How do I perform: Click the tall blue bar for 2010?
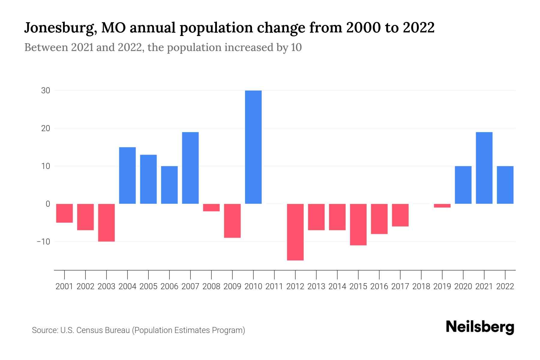(253, 147)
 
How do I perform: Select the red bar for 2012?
(295, 232)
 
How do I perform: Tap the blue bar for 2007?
(190, 168)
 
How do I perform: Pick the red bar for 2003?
(106, 223)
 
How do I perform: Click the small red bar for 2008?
(211, 208)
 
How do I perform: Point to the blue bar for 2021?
(484, 168)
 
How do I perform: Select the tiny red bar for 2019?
(442, 206)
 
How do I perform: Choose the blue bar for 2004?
(127, 175)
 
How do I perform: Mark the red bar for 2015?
(358, 224)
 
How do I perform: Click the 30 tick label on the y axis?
(45, 91)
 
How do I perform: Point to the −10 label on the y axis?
(43, 241)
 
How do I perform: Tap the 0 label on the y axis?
(48, 204)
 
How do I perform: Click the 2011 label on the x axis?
(274, 286)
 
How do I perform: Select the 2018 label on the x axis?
(421, 286)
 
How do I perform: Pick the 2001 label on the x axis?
(64, 286)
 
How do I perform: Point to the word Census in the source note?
(90, 330)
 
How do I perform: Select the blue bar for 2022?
(505, 185)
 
